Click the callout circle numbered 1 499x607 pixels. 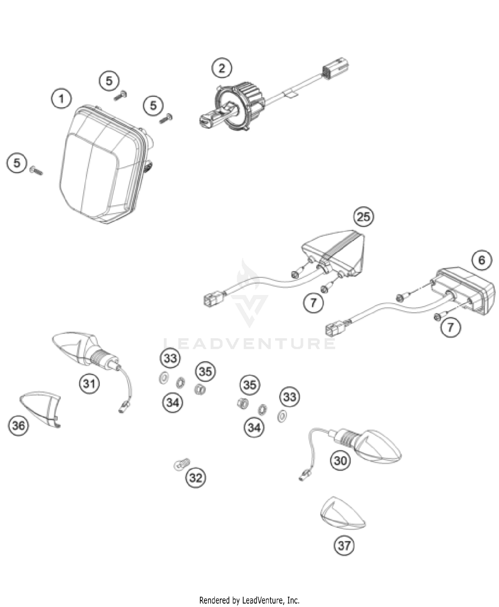click(61, 99)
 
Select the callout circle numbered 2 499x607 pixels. click(222, 68)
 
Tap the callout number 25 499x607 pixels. click(363, 217)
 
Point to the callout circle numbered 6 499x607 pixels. click(482, 260)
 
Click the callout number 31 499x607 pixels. click(89, 383)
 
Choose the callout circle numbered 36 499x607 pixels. click(18, 425)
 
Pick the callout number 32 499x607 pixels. click(195, 478)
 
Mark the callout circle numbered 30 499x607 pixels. click(340, 461)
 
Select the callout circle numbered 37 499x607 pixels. click(344, 545)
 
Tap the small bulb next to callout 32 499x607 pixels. click(182, 464)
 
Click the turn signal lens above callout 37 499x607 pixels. click(343, 514)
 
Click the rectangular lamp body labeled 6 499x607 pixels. click(466, 290)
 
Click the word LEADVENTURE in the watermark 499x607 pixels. click(249, 343)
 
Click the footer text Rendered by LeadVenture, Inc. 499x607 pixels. click(249, 591)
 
